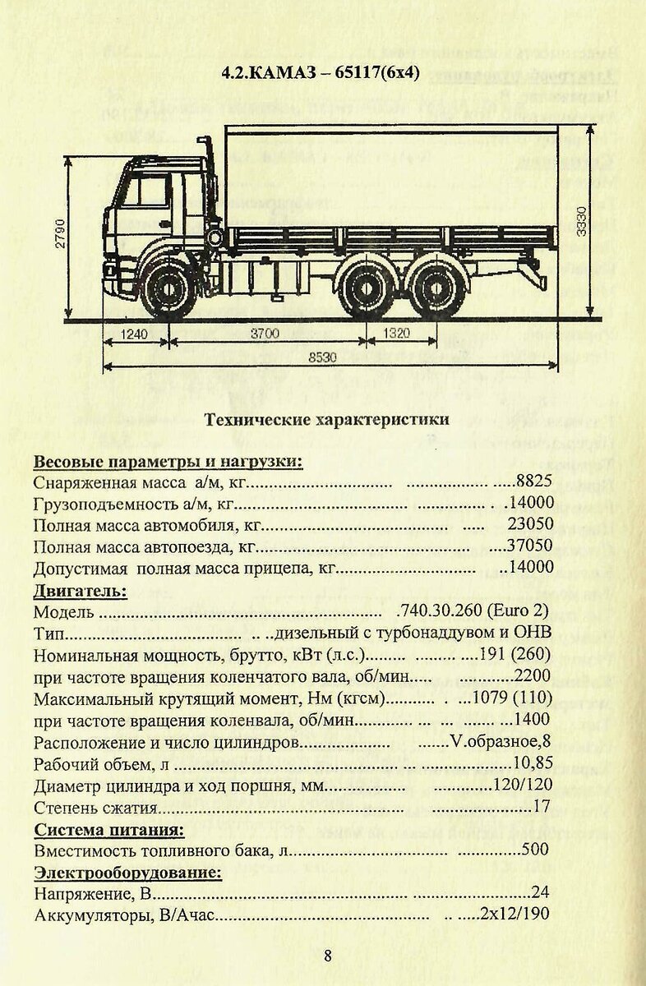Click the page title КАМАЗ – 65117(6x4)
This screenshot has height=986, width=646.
point(321,72)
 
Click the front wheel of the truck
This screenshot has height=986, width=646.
point(169,289)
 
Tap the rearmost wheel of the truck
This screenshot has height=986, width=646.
point(426,290)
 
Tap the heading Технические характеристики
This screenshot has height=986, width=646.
point(326,419)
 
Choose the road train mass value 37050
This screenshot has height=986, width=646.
point(531,546)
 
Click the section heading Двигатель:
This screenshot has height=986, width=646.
point(81,590)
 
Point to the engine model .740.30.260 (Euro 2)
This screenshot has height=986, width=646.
point(472,612)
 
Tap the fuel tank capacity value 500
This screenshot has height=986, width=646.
point(535,850)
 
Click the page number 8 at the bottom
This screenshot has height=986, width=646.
point(327,955)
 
